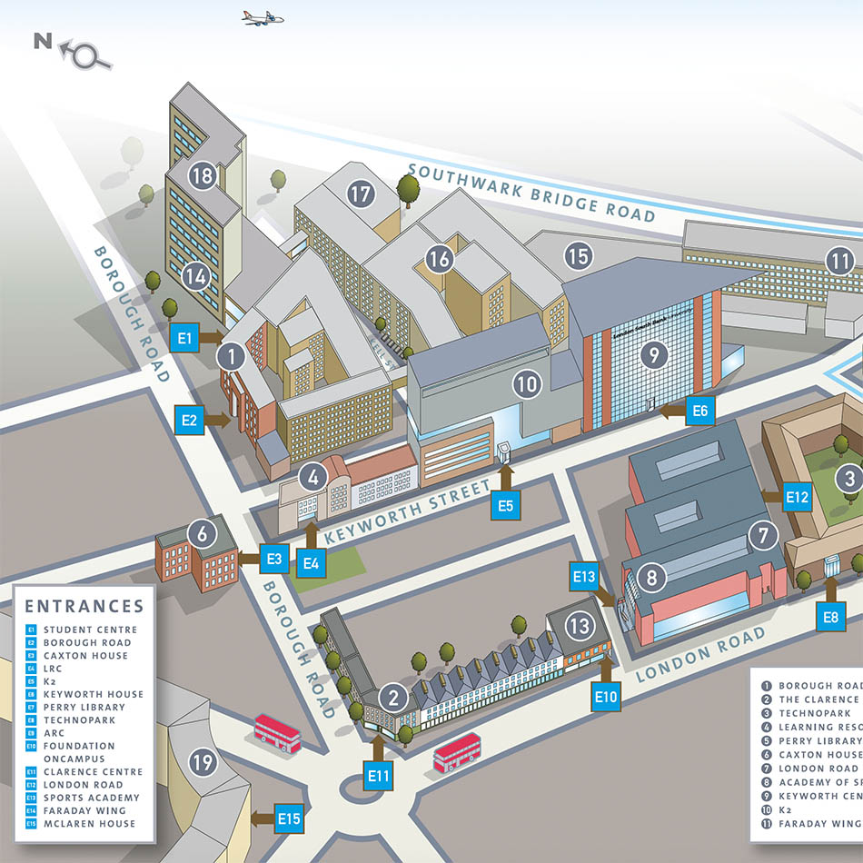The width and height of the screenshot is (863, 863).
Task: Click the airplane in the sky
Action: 263,17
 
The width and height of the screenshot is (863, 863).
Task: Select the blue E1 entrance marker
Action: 187,339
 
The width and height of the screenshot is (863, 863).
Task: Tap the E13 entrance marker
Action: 584,576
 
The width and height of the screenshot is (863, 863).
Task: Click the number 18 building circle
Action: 202,175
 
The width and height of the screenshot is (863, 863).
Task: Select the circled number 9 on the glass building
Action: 652,354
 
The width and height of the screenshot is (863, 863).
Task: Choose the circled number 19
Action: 203,761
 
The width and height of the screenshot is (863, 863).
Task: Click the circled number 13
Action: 580,625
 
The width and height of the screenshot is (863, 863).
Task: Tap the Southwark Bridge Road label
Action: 531,192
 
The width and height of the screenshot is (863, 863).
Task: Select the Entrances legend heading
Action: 84,606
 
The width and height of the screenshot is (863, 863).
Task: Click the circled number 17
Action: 361,193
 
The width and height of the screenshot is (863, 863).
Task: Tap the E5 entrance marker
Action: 506,504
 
